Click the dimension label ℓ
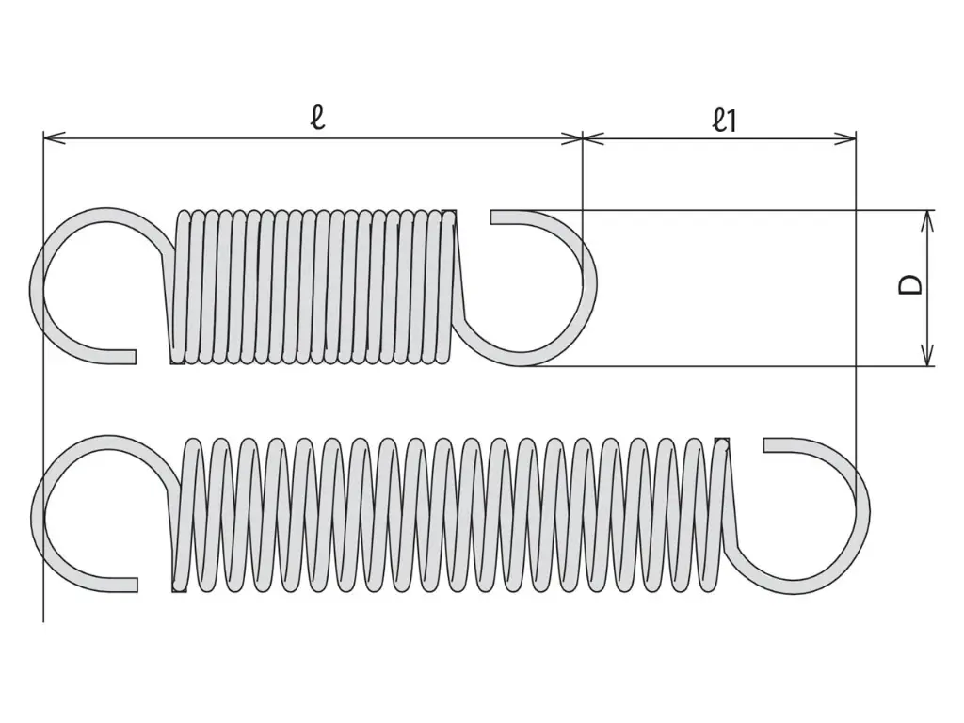(x=318, y=117)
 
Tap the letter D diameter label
(x=911, y=284)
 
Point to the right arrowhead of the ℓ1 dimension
(x=844, y=138)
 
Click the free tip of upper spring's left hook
(x=135, y=357)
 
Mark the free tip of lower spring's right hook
(x=765, y=444)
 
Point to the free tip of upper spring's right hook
(x=492, y=217)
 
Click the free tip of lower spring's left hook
(x=136, y=585)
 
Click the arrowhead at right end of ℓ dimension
(x=570, y=138)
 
